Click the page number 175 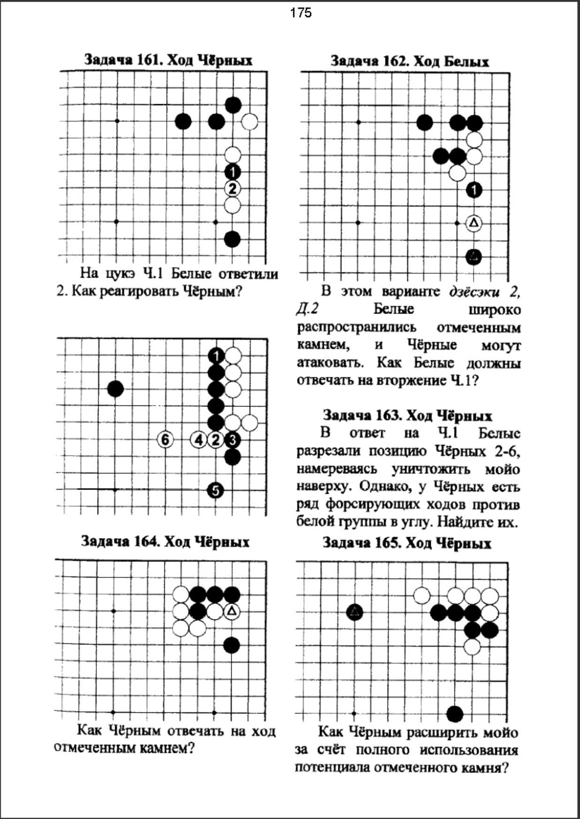(301, 13)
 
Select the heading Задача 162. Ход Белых (409, 61)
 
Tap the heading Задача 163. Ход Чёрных (407, 416)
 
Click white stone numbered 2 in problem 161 (232, 189)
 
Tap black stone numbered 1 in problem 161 (232, 172)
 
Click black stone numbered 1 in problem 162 (474, 190)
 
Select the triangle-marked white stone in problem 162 (474, 223)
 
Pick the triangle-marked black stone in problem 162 (474, 257)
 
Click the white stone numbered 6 (165, 440)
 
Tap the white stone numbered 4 (199, 440)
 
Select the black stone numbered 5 (215, 491)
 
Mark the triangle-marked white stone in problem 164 (232, 612)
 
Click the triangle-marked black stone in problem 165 (355, 612)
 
